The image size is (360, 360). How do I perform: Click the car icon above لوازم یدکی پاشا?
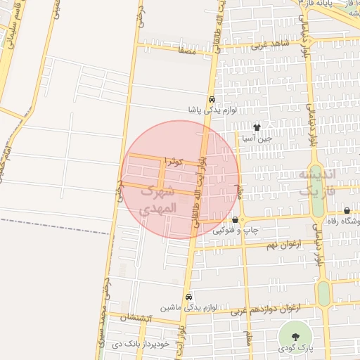click(x=212, y=99)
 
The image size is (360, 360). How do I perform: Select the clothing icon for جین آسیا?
click(x=257, y=128)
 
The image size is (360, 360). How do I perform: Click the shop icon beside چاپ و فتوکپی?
click(x=235, y=219)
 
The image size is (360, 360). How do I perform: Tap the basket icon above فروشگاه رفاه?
click(x=347, y=210)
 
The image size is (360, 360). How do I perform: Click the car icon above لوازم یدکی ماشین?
click(x=188, y=297)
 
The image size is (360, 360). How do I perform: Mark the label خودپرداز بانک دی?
click(x=141, y=344)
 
